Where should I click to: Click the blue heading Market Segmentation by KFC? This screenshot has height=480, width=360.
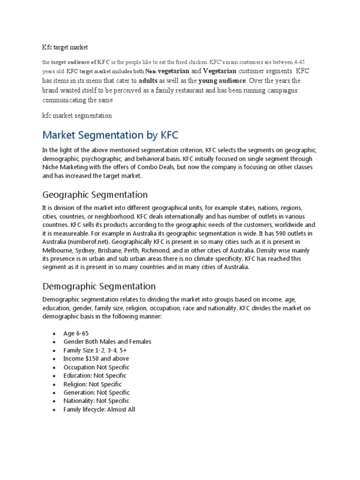(110, 135)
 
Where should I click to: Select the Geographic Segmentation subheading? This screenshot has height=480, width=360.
(95, 194)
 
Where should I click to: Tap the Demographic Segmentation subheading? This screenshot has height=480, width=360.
(99, 286)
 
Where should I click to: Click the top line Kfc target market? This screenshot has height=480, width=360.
(65, 47)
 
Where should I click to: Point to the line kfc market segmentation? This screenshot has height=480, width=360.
(77, 115)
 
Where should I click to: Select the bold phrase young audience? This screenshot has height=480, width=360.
(223, 81)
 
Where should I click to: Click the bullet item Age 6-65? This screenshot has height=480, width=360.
(76, 333)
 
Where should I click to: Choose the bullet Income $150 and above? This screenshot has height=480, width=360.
(96, 359)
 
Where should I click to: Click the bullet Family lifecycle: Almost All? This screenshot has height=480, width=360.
(99, 409)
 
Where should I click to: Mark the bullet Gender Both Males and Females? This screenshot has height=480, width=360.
(107, 342)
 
